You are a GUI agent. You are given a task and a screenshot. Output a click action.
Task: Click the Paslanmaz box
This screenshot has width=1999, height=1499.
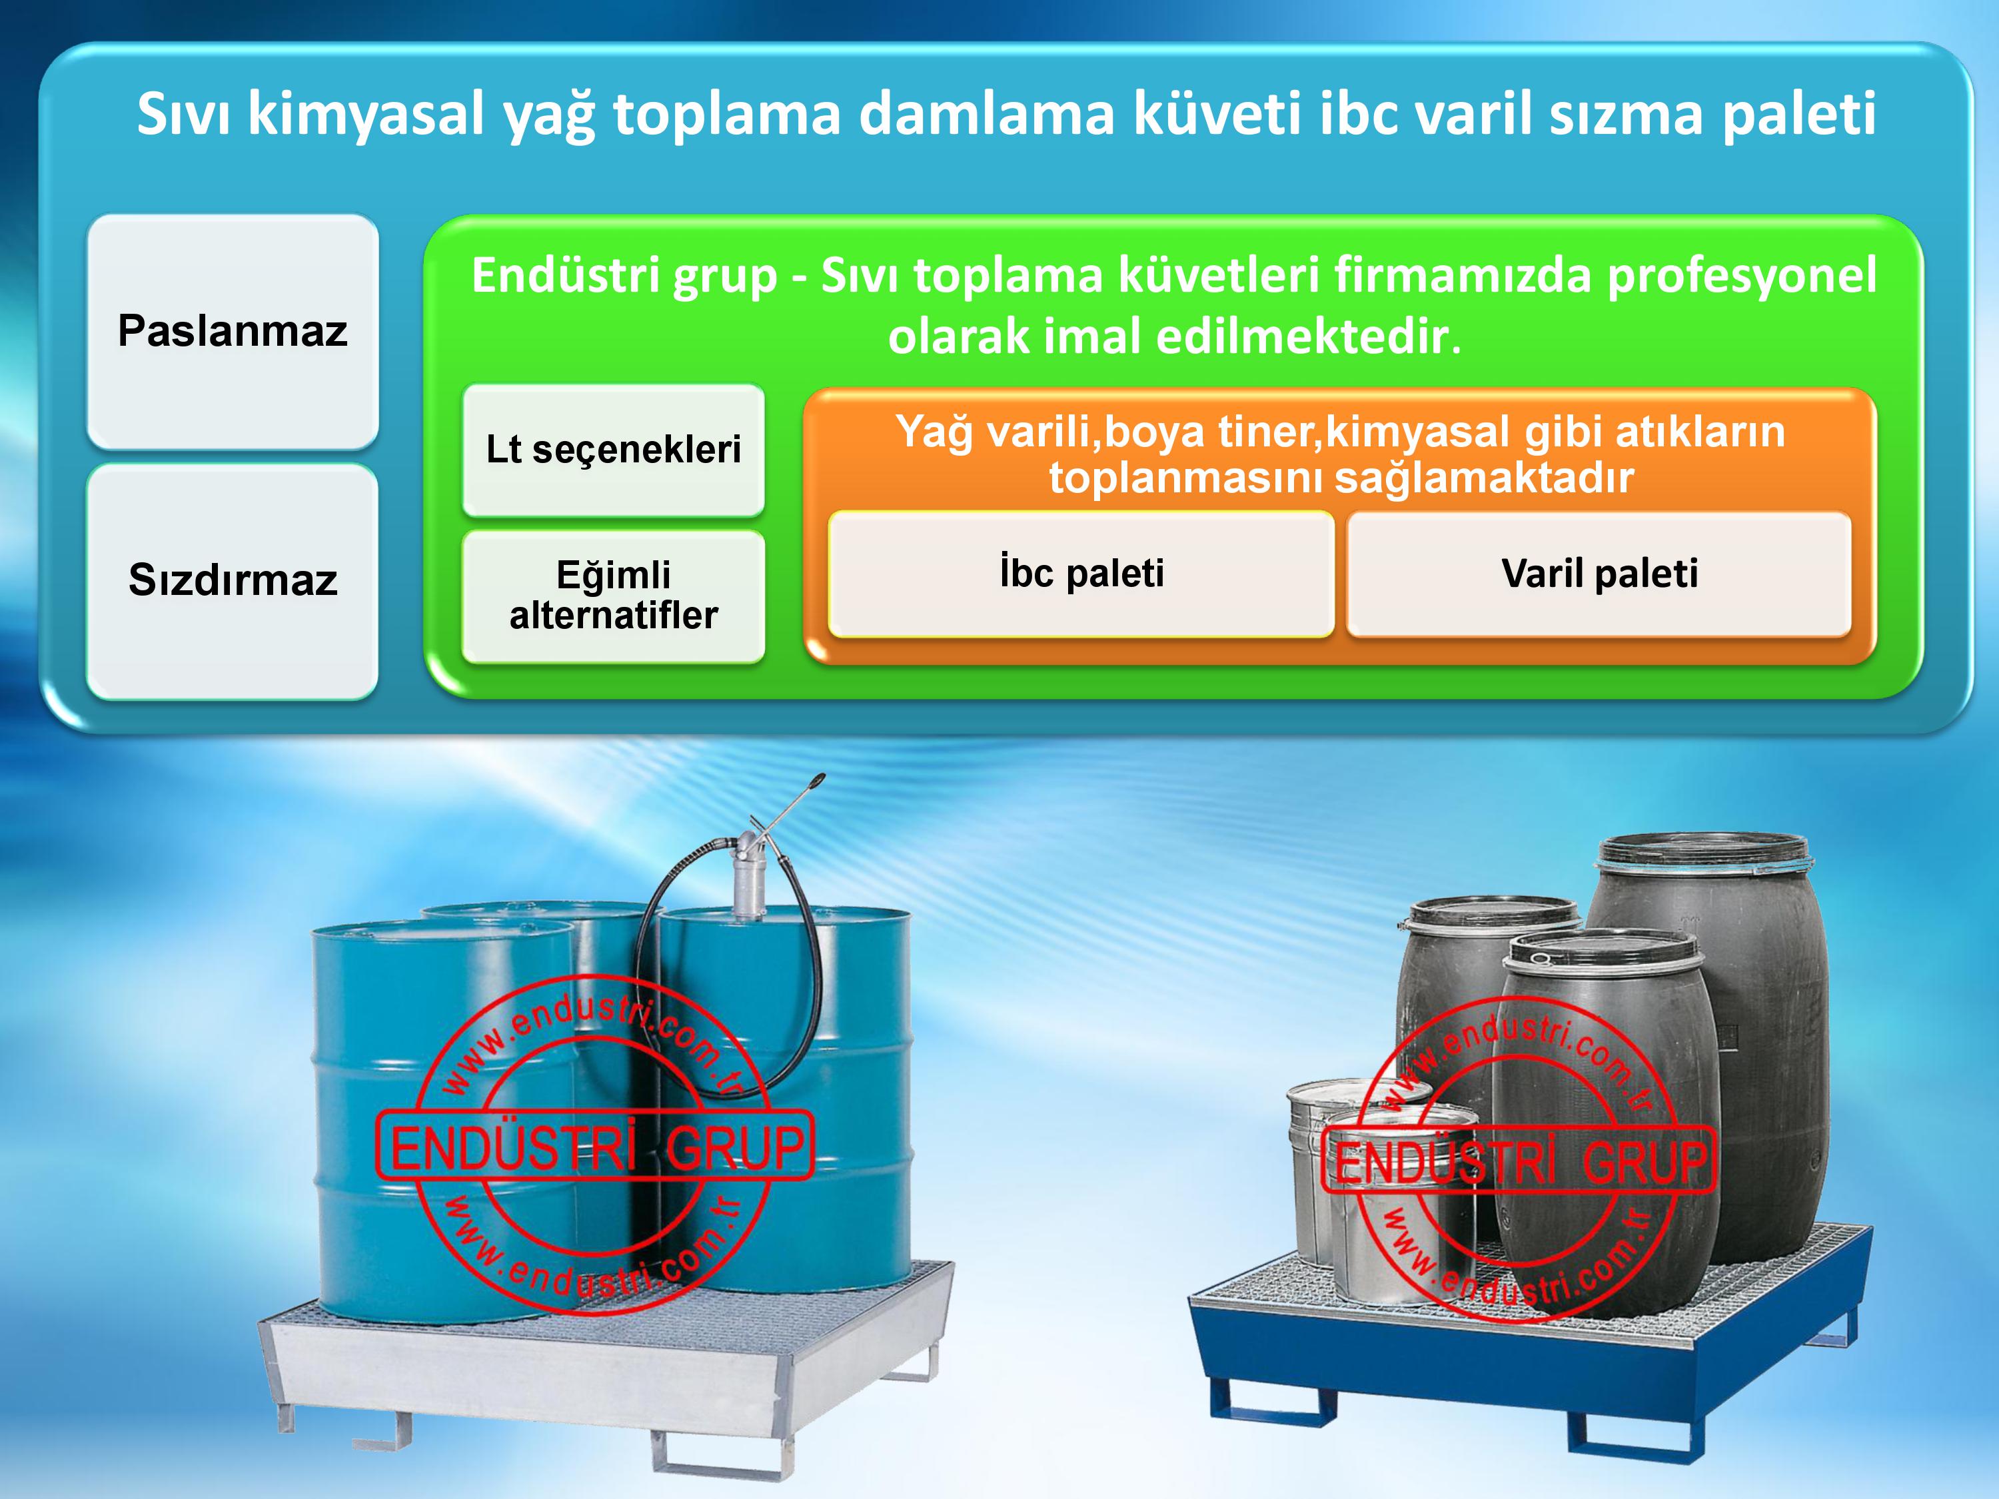pyautogui.click(x=233, y=330)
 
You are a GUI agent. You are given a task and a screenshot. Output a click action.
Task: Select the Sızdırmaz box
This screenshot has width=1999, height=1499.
pyautogui.click(x=233, y=580)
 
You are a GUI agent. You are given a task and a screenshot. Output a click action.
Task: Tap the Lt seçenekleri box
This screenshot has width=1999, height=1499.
pyautogui.click(x=614, y=450)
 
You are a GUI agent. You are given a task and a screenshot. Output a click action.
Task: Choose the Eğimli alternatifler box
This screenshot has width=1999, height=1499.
pyautogui.click(x=614, y=596)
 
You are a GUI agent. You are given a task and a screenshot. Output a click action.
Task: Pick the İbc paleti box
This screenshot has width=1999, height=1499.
pyautogui.click(x=1081, y=574)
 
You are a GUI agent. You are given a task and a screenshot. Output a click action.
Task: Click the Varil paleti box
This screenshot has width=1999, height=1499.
pyautogui.click(x=1600, y=574)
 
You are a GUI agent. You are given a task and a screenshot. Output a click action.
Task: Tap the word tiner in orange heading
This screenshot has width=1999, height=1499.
pyautogui.click(x=1268, y=432)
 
